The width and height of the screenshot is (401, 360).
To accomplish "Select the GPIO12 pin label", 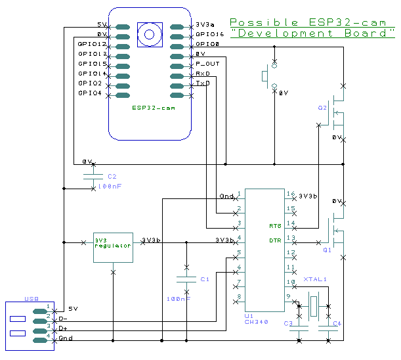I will tap(91, 43).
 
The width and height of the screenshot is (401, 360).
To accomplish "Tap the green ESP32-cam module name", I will tap(153, 108).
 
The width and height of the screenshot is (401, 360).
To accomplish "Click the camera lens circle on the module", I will tap(150, 34).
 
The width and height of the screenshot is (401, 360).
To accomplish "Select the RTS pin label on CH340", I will tap(275, 226).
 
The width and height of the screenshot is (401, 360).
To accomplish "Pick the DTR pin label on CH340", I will tap(275, 240).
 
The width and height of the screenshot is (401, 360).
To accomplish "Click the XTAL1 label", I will tap(314, 279).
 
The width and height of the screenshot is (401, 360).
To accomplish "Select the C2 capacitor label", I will tap(112, 176).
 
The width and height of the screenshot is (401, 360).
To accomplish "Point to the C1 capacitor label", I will tap(204, 279).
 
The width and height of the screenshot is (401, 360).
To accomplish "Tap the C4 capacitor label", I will tap(337, 323).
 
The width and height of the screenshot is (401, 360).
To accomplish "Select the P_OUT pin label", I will tap(208, 63).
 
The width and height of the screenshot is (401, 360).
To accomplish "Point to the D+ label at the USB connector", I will tap(63, 328).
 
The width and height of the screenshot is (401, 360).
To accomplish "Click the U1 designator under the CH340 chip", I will tap(249, 315).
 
